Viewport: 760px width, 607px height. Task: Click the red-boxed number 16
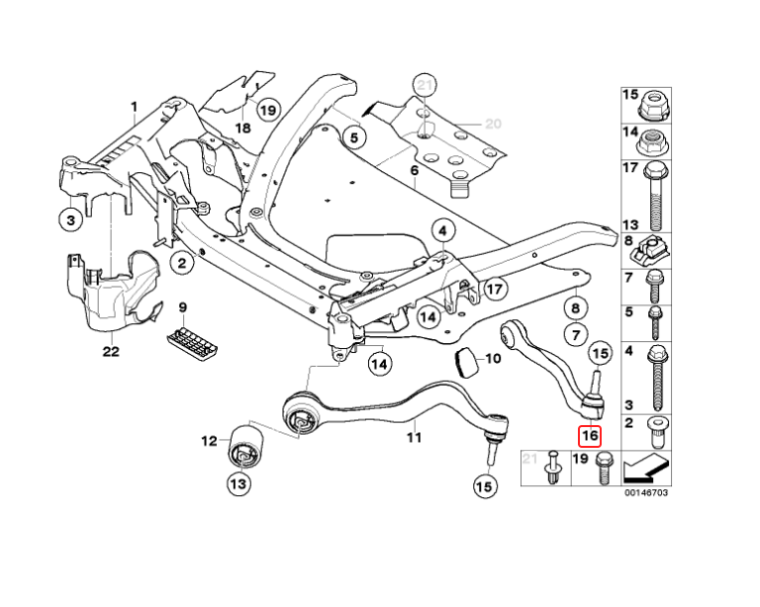tap(590, 433)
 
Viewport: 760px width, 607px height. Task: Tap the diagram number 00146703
tap(644, 491)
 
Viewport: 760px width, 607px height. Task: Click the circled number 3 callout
tap(71, 221)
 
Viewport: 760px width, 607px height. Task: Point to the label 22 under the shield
tap(110, 350)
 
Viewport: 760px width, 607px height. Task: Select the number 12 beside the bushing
tap(209, 441)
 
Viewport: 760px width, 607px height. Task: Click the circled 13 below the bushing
tap(238, 483)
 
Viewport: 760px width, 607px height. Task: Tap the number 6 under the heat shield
tap(416, 171)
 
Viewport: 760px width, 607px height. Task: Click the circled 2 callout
tap(182, 263)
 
